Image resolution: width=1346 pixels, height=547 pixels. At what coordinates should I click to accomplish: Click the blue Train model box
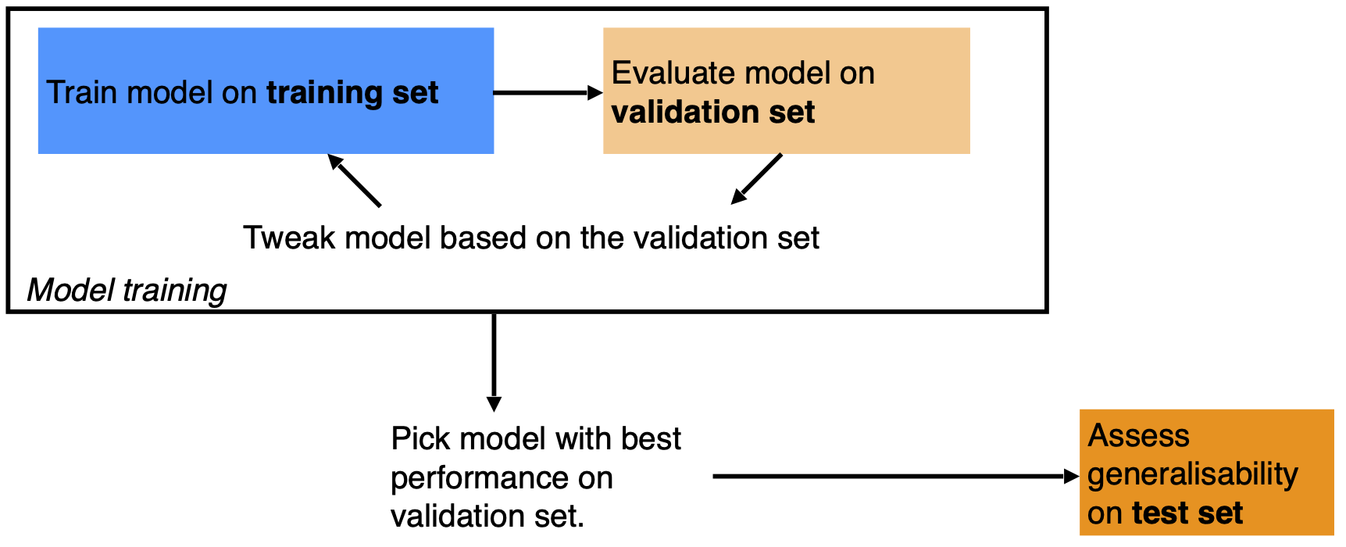pos(266,91)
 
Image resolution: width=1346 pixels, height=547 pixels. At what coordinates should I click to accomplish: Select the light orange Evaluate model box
pos(787,91)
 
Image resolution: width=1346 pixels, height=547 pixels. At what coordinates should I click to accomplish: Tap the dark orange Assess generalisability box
pos(1206,472)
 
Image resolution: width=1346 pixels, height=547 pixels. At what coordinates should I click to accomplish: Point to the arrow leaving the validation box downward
pos(756,179)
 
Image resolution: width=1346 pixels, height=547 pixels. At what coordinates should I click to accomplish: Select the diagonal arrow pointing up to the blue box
pos(354,181)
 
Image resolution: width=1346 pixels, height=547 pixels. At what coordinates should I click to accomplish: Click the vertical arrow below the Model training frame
pos(494,362)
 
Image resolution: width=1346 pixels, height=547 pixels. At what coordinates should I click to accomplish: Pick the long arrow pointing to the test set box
pos(896,476)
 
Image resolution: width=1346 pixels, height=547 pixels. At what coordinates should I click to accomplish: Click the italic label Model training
pos(127,290)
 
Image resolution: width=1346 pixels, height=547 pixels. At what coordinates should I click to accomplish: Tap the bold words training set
pos(352,93)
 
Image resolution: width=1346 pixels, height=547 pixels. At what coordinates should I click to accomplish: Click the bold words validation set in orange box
pos(713,113)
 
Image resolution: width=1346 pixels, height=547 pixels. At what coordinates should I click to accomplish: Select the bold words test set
pos(1187,513)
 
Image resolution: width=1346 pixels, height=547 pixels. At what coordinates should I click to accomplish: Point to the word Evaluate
pos(674,73)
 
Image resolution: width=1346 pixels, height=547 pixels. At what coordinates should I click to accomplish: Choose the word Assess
pos(1139,435)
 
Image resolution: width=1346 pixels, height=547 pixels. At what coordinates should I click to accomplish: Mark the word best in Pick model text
pos(651,438)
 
